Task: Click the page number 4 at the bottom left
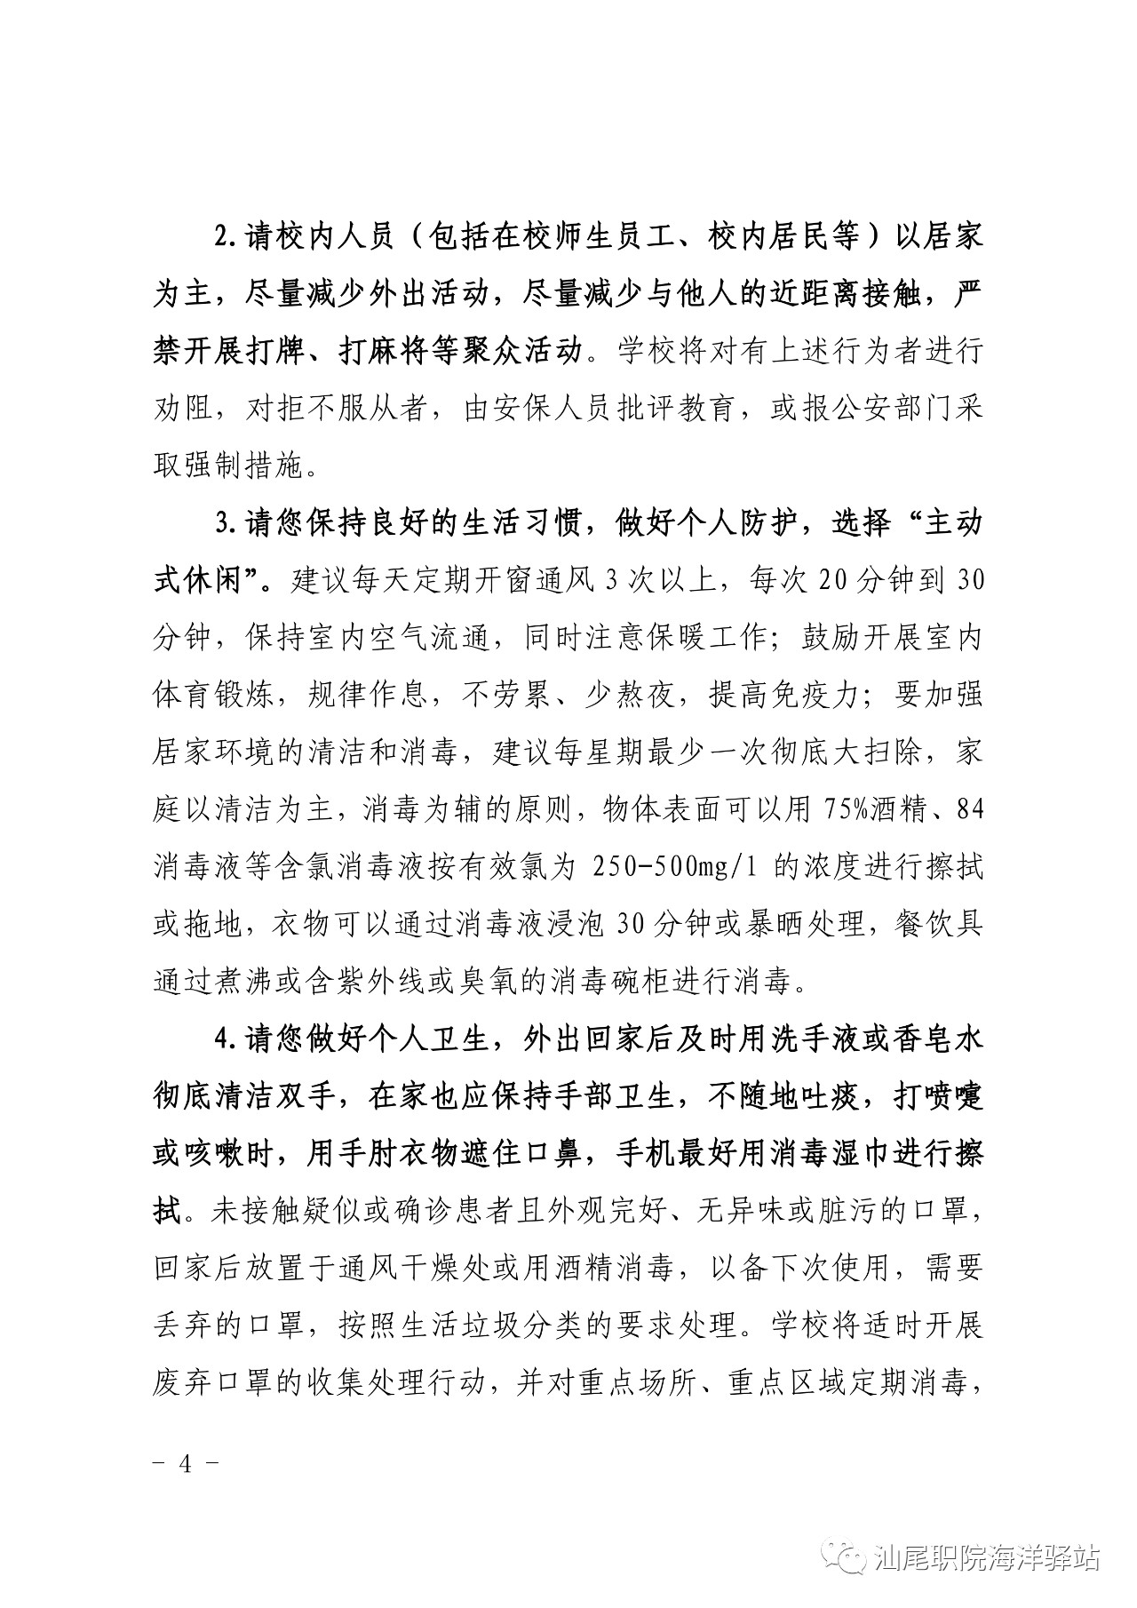pos(186,1464)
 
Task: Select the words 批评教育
pos(676,410)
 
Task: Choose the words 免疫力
pos(800,696)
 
